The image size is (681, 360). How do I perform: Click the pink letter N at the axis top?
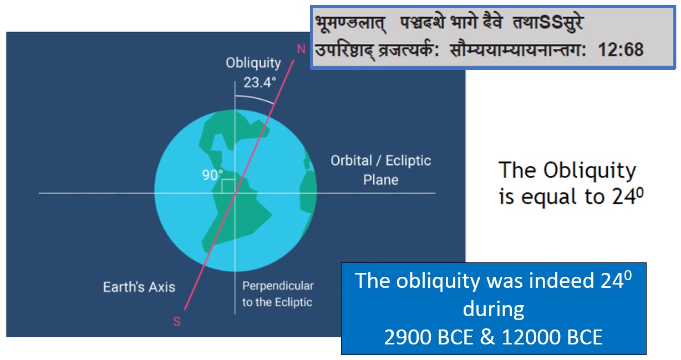coord(301,49)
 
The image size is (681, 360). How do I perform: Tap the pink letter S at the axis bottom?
coord(177,321)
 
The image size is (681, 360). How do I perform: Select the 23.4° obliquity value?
coord(260,83)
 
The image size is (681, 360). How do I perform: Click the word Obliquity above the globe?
coord(253,63)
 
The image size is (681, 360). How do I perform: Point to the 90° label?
coord(212,175)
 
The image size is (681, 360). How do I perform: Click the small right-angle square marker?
coord(228,186)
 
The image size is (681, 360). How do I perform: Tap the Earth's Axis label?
coord(139,287)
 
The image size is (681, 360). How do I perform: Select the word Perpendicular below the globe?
coord(278,286)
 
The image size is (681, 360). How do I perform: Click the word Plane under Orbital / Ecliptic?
coord(380,180)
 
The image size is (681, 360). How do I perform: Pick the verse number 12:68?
coord(621,49)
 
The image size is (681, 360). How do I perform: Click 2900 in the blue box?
coord(408,337)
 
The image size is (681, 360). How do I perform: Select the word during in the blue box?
coord(494,309)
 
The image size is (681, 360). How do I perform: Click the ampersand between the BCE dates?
coord(487,337)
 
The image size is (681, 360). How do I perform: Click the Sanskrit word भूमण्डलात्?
coord(351,23)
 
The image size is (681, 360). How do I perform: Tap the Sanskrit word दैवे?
coord(492,22)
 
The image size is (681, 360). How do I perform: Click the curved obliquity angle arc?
coord(255,99)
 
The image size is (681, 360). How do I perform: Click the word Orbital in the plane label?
coord(351,160)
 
